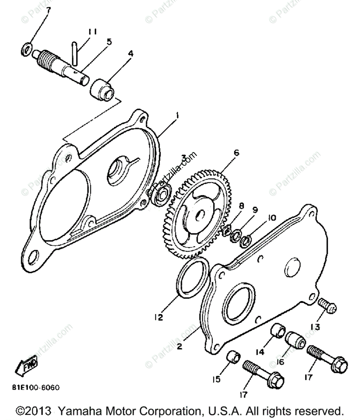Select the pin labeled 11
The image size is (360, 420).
click(x=75, y=54)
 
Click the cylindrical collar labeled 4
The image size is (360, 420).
click(x=102, y=89)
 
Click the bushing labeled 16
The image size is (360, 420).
click(x=295, y=339)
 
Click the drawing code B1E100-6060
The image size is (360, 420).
click(x=36, y=388)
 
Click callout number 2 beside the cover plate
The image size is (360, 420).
click(x=179, y=347)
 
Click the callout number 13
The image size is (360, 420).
click(x=315, y=327)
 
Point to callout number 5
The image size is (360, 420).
click(x=109, y=42)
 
